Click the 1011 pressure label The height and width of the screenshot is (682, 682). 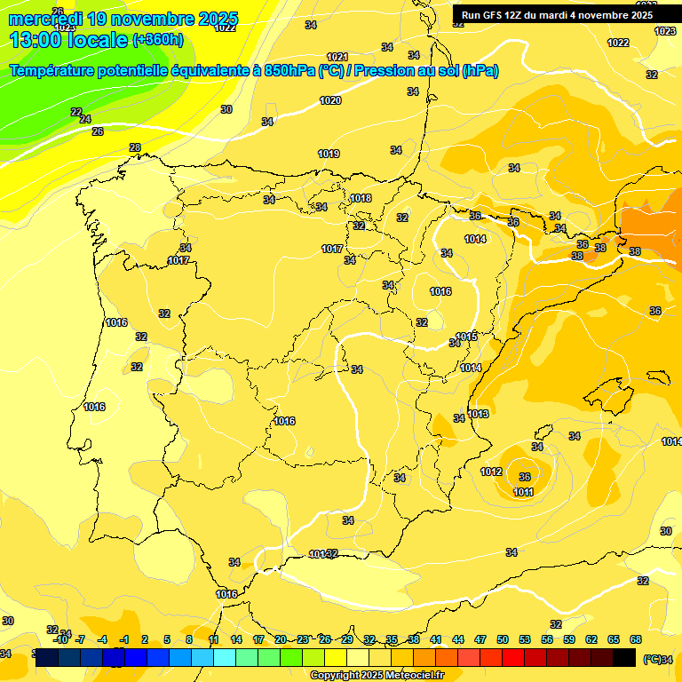pyautogui.click(x=523, y=492)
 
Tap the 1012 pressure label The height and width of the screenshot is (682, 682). pyautogui.click(x=491, y=472)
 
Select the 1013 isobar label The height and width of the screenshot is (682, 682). pyautogui.click(x=479, y=414)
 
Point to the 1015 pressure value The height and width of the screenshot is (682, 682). pyautogui.click(x=468, y=337)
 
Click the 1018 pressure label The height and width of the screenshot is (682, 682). pyautogui.click(x=361, y=198)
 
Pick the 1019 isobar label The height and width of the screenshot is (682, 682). pyautogui.click(x=329, y=154)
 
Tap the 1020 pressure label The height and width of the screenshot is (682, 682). pyautogui.click(x=330, y=100)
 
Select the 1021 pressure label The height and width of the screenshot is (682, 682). pyautogui.click(x=337, y=57)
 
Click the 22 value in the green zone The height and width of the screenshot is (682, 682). pyautogui.click(x=76, y=112)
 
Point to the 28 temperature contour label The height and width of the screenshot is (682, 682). pyautogui.click(x=135, y=147)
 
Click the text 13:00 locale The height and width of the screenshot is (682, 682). pyautogui.click(x=68, y=40)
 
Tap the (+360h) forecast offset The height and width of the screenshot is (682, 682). pyautogui.click(x=157, y=40)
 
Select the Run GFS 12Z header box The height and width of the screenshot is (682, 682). pyautogui.click(x=557, y=14)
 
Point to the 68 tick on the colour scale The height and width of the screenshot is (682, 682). pyautogui.click(x=636, y=639)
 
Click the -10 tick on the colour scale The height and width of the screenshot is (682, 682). pyautogui.click(x=60, y=639)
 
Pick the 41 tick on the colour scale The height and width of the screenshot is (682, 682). pyautogui.click(x=436, y=639)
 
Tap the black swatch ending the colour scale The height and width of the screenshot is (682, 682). pyautogui.click(x=624, y=657)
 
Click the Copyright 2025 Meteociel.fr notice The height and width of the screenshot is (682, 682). pyautogui.click(x=377, y=675)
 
